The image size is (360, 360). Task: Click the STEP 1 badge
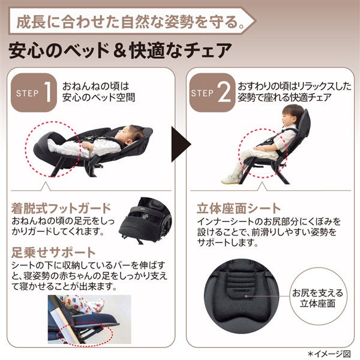[x=34, y=92]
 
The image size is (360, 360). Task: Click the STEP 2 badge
[x=212, y=92]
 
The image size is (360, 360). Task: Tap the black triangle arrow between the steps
[x=181, y=144]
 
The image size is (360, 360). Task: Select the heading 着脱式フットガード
[x=61, y=208]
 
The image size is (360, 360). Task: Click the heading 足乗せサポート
[x=53, y=253]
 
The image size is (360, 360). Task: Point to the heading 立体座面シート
[x=239, y=208]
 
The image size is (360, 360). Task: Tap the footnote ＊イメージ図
[x=329, y=353]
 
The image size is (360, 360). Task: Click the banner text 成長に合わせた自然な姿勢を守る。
[x=130, y=22]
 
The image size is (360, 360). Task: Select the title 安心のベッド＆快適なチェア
[x=120, y=50]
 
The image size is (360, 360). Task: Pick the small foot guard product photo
[x=145, y=220]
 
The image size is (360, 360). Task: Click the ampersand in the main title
[x=120, y=51]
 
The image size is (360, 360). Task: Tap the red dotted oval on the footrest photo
[x=85, y=332]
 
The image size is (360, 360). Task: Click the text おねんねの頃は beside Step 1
[x=96, y=86]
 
